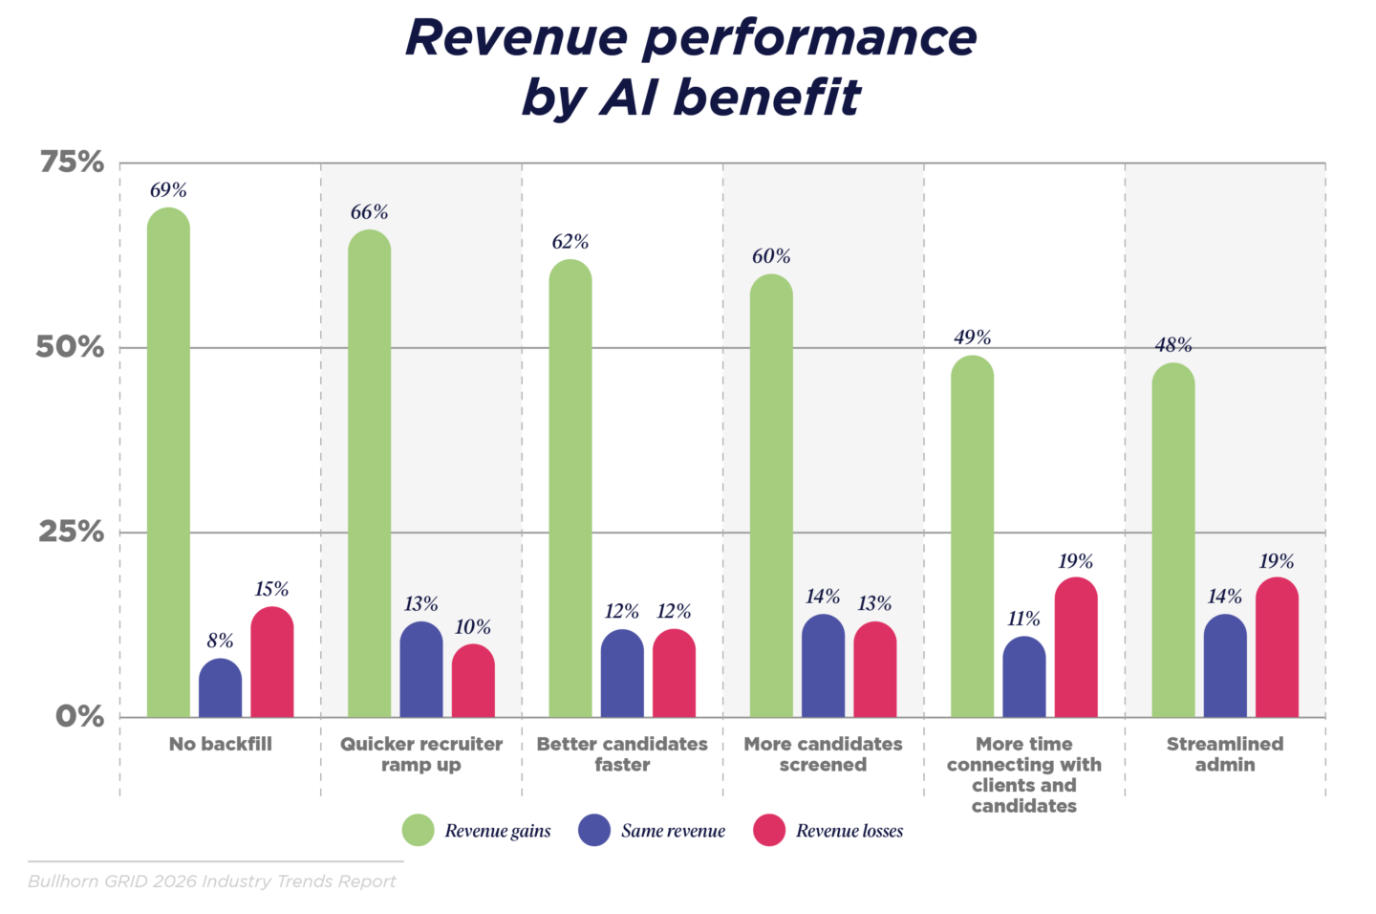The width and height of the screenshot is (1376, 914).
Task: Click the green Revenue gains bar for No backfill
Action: coord(168,464)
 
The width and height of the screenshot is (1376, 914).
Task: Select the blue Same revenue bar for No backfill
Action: coord(220,689)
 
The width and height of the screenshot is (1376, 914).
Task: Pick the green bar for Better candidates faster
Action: coord(570,490)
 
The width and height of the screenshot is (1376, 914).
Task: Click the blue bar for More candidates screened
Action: coord(823,666)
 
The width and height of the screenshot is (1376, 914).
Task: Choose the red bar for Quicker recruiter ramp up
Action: coord(473,682)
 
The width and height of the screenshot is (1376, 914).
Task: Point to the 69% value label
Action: coord(168,190)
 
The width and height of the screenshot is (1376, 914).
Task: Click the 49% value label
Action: coord(972,337)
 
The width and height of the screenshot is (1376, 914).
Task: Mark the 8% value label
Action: coord(220,641)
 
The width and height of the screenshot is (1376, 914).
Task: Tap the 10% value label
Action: coord(473,627)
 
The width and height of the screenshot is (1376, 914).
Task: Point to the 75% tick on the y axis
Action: coord(72,163)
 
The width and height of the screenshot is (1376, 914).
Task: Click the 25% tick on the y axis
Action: coord(72,532)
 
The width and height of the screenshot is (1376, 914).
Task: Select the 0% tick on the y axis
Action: coord(79,716)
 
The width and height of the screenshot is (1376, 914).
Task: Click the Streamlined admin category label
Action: coord(1225,754)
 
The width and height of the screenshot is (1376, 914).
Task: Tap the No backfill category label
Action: coord(220,744)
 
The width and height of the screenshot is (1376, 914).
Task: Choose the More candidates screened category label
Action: coord(823,754)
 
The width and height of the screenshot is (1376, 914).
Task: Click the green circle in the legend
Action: coord(419,831)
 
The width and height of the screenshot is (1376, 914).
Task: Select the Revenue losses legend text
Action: coord(849,831)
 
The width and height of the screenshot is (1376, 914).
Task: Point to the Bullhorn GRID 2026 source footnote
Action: coord(212,881)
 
